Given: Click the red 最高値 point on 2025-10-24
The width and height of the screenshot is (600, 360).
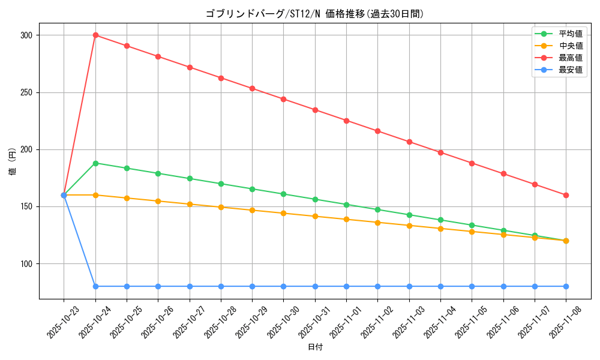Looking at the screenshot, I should click(95, 35).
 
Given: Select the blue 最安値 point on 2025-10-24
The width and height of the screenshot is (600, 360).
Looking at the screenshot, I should click(95, 286).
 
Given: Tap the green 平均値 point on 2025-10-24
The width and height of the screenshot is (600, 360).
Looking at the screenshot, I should click(95, 163).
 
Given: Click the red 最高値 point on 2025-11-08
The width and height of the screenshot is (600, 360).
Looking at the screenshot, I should click(566, 195).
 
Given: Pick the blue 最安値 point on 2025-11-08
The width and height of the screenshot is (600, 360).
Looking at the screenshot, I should click(566, 286).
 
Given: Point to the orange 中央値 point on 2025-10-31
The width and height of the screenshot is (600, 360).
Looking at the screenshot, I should click(315, 216).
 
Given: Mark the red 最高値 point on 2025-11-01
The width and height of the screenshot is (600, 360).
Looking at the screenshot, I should click(346, 121).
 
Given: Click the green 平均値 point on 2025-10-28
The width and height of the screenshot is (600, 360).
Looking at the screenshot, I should click(221, 184).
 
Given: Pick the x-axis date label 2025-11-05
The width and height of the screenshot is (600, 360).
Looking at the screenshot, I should click(470, 322).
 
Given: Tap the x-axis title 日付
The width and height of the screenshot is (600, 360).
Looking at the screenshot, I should click(315, 347).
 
